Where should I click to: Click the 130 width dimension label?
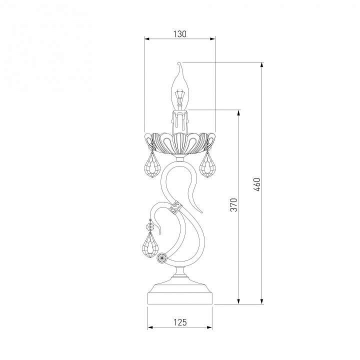point(180,34)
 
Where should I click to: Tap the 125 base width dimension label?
point(180,322)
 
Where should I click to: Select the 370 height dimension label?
point(233,204)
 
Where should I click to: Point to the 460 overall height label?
point(257,184)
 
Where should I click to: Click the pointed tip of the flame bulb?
point(179,63)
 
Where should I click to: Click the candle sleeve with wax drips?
point(180,121)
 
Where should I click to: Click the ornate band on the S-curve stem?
point(175,207)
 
